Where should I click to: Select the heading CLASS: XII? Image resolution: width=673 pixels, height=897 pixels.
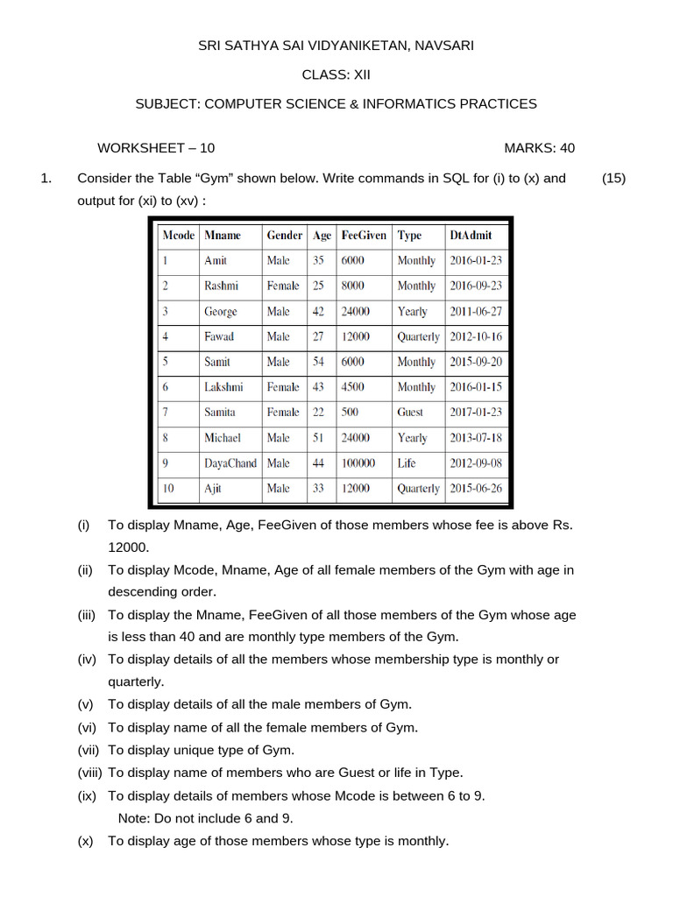[x=336, y=74]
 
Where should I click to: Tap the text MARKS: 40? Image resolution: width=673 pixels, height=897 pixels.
[x=539, y=148]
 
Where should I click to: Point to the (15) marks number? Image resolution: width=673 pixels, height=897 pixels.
[x=613, y=178]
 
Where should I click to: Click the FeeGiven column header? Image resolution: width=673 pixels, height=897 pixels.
[x=363, y=236]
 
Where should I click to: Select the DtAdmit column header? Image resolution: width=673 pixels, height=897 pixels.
[x=471, y=236]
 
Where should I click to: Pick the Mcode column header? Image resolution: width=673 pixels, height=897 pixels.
[x=178, y=236]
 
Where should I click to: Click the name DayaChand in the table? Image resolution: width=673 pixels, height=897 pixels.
[x=230, y=463]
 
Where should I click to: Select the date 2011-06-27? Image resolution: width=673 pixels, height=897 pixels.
[x=476, y=311]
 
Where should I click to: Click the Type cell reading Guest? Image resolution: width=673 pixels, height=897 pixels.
[x=410, y=413]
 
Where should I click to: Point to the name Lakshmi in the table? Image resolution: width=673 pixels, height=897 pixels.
[x=223, y=387]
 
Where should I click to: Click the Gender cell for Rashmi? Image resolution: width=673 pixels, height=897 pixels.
[x=283, y=286]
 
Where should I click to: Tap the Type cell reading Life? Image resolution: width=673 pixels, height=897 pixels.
[x=407, y=463]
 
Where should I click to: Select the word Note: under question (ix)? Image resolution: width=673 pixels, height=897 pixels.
[x=133, y=818]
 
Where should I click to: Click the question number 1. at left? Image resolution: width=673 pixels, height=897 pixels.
[x=47, y=178]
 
